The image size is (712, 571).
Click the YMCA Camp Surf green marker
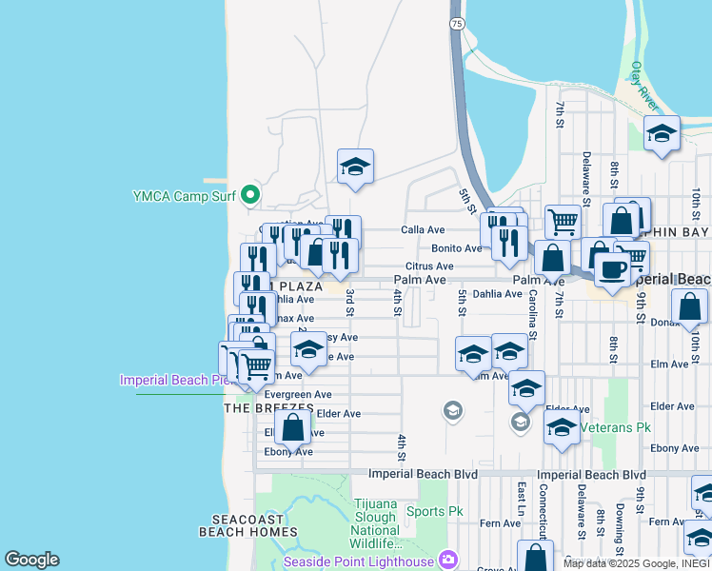click(250, 196)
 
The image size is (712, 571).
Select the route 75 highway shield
click(458, 22)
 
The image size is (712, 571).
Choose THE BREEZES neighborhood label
click(268, 407)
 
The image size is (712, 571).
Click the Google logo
click(31, 560)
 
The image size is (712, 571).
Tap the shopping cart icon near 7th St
click(563, 222)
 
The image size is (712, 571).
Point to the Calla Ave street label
click(423, 229)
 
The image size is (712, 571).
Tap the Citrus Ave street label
click(429, 266)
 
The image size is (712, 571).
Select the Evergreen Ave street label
click(298, 394)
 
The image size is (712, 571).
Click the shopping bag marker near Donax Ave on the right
click(689, 306)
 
